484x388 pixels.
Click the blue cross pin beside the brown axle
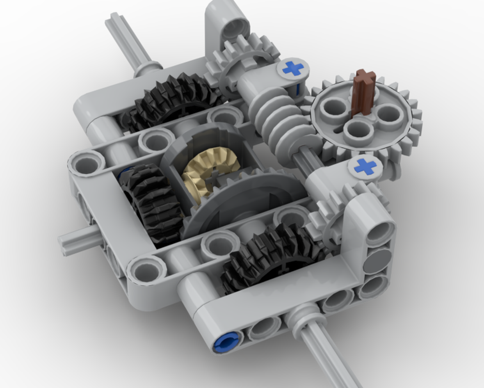click(x=293, y=68)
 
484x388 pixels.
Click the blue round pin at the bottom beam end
click(x=224, y=342)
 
